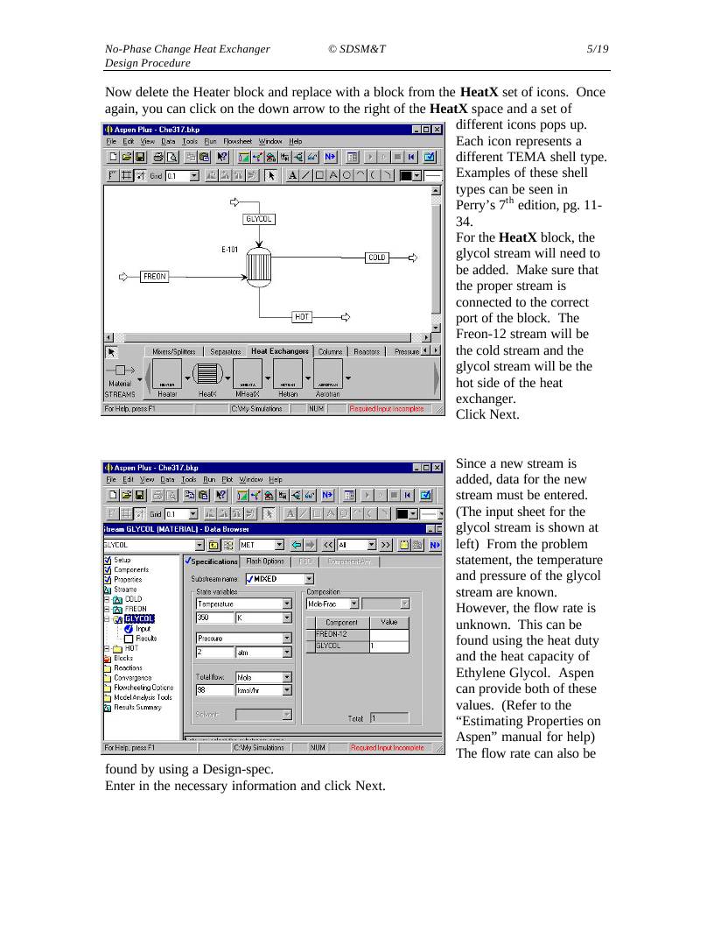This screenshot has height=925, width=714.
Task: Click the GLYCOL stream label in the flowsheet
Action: tap(258, 219)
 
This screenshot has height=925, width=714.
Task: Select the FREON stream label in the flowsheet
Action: tap(154, 277)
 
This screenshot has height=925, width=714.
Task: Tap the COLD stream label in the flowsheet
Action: tap(376, 258)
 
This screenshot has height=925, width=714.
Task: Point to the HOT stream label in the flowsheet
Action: tap(302, 316)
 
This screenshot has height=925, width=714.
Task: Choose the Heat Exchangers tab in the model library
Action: tap(279, 351)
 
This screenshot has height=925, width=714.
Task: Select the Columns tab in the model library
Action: tap(330, 351)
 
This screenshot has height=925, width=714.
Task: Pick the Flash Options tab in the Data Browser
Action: tap(264, 561)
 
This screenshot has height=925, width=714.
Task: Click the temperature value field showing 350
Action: tap(213, 618)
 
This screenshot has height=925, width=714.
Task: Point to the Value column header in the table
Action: tap(388, 622)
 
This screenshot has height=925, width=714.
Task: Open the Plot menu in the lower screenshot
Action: tap(227, 479)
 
